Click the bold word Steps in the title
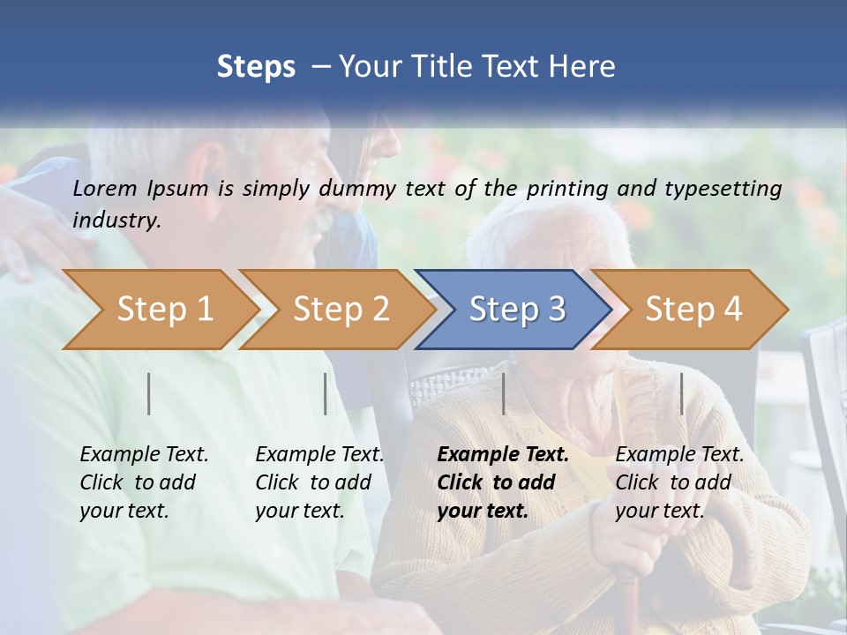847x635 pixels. tap(256, 67)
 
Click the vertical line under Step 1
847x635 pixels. tap(149, 393)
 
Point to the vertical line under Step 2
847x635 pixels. tap(326, 393)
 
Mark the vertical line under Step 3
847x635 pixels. tap(504, 393)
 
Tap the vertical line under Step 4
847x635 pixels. tap(682, 393)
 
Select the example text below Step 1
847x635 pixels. tap(144, 482)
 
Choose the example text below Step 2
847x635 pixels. tap(319, 482)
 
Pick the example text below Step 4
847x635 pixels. tap(679, 482)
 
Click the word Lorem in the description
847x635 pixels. tap(106, 188)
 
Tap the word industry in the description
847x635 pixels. tap(116, 220)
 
